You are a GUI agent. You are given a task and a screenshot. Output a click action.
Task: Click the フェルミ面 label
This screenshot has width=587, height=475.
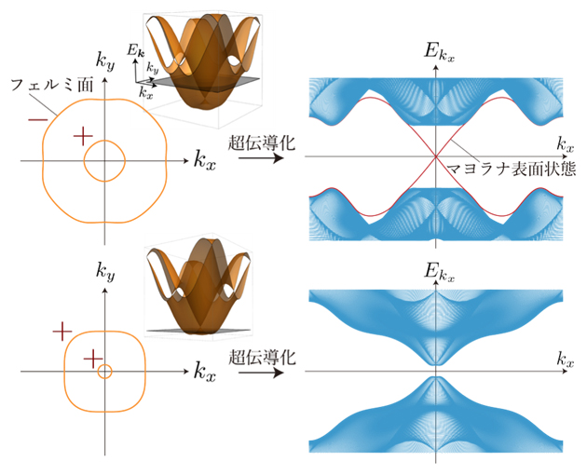pos(52,86)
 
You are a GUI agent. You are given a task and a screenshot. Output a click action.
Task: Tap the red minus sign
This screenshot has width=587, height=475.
pos(38,120)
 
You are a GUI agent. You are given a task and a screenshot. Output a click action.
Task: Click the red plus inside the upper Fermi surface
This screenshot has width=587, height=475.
pos(83,136)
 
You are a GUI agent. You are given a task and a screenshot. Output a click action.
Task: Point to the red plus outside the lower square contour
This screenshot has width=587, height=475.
pos(62,332)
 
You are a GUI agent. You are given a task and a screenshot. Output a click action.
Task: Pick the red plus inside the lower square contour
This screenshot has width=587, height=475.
pos(93,360)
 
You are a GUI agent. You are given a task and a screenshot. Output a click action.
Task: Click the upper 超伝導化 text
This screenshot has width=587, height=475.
pos(262,142)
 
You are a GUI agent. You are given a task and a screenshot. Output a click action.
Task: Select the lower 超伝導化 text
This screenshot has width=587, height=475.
pos(262,357)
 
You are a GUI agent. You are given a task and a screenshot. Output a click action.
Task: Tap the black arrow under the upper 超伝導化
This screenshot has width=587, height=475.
pos(261,158)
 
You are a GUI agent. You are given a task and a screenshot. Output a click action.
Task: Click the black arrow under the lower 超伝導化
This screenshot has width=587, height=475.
pos(261,373)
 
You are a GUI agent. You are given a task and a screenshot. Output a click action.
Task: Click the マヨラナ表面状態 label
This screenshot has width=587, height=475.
pos(512,169)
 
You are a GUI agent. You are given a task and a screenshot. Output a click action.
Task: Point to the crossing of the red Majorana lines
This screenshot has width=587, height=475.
pos(435,156)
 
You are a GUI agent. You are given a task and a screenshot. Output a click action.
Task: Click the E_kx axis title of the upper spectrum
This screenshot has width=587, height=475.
pos(439,51)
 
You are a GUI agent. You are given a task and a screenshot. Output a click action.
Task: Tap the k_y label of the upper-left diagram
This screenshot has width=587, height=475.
pos(105,61)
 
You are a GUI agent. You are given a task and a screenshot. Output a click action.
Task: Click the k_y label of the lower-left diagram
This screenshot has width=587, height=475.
pos(105,270)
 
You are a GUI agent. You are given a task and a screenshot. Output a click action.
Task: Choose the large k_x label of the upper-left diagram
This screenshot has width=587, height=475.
pos(205,160)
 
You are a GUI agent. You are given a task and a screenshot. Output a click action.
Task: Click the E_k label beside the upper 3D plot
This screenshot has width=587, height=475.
pos(134,49)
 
